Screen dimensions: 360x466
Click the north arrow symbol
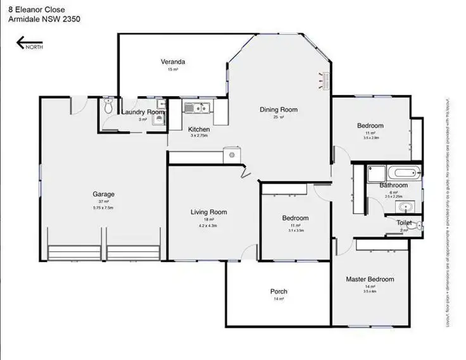coord(29,44)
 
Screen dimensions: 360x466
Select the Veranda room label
coord(173,62)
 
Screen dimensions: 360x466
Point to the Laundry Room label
coord(143,113)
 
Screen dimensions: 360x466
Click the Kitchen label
coord(199,129)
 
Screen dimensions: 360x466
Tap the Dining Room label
coord(279,109)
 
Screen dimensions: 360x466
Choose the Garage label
coord(103,194)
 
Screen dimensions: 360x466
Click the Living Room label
coord(209,212)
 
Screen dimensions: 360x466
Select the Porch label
coord(279,292)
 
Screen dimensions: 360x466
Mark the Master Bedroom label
coord(370,279)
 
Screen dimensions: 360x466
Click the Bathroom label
coord(393,185)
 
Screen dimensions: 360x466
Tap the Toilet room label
coord(404,223)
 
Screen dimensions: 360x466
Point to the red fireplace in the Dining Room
coord(326,79)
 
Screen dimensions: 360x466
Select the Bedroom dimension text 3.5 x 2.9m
coord(370,137)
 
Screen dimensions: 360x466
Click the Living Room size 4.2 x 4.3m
coord(208,225)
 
